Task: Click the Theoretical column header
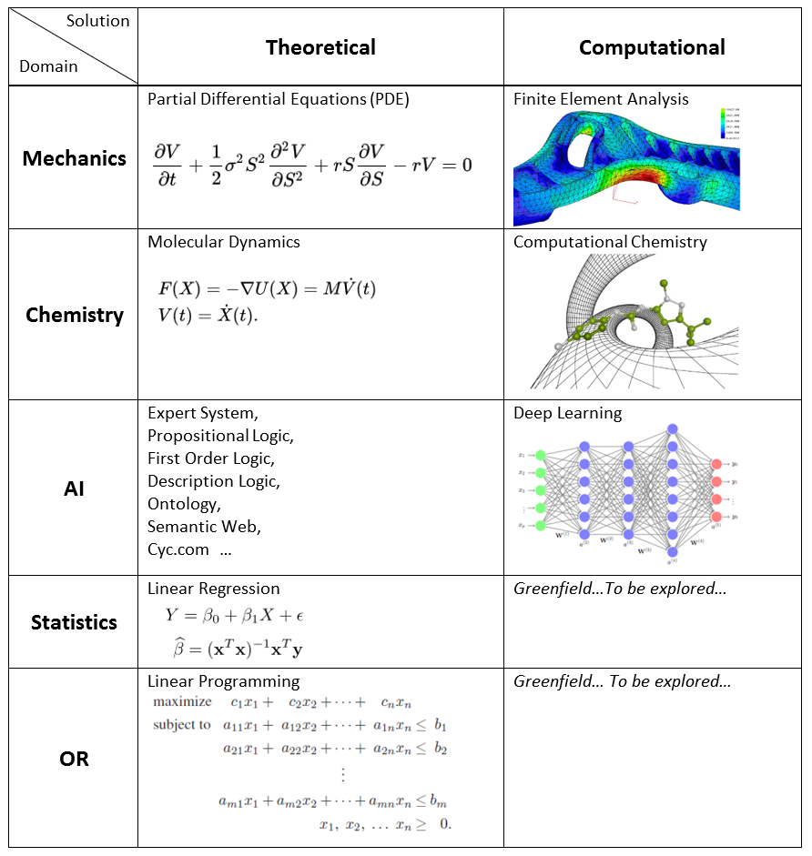[x=320, y=47]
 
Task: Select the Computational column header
[x=652, y=47]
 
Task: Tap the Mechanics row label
[x=75, y=158]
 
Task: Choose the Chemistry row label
[x=75, y=315]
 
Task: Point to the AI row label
[x=75, y=488]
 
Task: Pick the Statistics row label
[x=75, y=622]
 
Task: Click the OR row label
[x=75, y=758]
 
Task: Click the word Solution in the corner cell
[x=97, y=21]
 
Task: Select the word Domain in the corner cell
[x=48, y=66]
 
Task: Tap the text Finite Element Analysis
[x=601, y=99]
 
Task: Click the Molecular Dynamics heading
[x=224, y=242]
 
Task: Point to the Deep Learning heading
[x=567, y=413]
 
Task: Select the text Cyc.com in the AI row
[x=178, y=549]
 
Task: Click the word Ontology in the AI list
[x=183, y=504]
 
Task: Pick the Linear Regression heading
[x=213, y=589]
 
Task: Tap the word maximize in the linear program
[x=182, y=702]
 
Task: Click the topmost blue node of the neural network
[x=672, y=428]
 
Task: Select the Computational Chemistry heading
[x=610, y=242]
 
